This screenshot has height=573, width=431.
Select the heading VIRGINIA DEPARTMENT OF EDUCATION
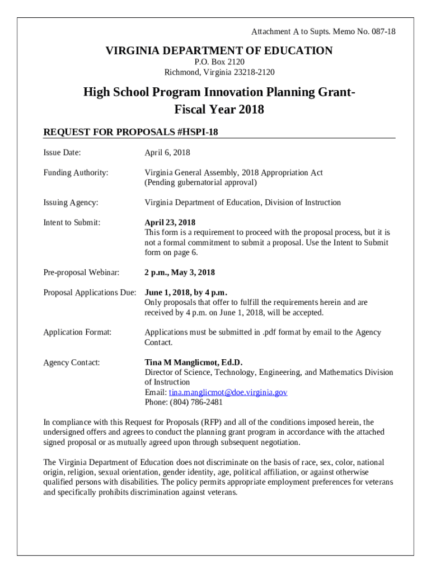(219, 51)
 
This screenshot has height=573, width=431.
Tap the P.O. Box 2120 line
(219, 62)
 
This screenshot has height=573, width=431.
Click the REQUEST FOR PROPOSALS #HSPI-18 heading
(130, 132)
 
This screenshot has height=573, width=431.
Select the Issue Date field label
(62, 153)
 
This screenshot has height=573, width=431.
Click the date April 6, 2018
(167, 153)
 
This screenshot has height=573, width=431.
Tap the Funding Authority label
(76, 173)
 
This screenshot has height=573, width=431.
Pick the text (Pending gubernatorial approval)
(201, 183)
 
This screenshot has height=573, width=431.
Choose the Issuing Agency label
(71, 203)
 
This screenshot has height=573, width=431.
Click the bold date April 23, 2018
(170, 223)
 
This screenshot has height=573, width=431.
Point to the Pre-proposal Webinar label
(82, 273)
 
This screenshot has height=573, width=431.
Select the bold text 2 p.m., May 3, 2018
(180, 273)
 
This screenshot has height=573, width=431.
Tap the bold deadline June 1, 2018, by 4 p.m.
(186, 293)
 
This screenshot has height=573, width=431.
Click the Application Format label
(77, 332)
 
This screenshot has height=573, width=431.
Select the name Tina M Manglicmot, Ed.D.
(194, 363)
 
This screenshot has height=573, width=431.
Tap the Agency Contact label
(72, 363)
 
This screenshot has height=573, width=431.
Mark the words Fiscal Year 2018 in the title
(219, 110)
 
